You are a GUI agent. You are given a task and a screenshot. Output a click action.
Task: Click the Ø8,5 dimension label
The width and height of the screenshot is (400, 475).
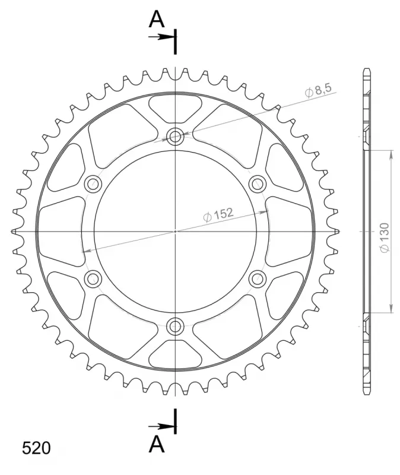318,90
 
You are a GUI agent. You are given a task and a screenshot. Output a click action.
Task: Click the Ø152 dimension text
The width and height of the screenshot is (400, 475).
218,214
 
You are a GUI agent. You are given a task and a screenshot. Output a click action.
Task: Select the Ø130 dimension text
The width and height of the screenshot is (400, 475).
385,238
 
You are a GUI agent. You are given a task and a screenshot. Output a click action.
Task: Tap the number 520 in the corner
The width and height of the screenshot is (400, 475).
36,448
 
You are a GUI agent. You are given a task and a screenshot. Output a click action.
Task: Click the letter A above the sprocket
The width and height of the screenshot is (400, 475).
157,19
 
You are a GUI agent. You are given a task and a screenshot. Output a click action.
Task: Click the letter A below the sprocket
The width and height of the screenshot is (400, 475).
157,444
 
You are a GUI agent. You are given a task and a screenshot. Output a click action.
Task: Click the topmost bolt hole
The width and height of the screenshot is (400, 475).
175,137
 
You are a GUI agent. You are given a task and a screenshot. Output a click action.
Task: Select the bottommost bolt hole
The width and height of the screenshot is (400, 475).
175,326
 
